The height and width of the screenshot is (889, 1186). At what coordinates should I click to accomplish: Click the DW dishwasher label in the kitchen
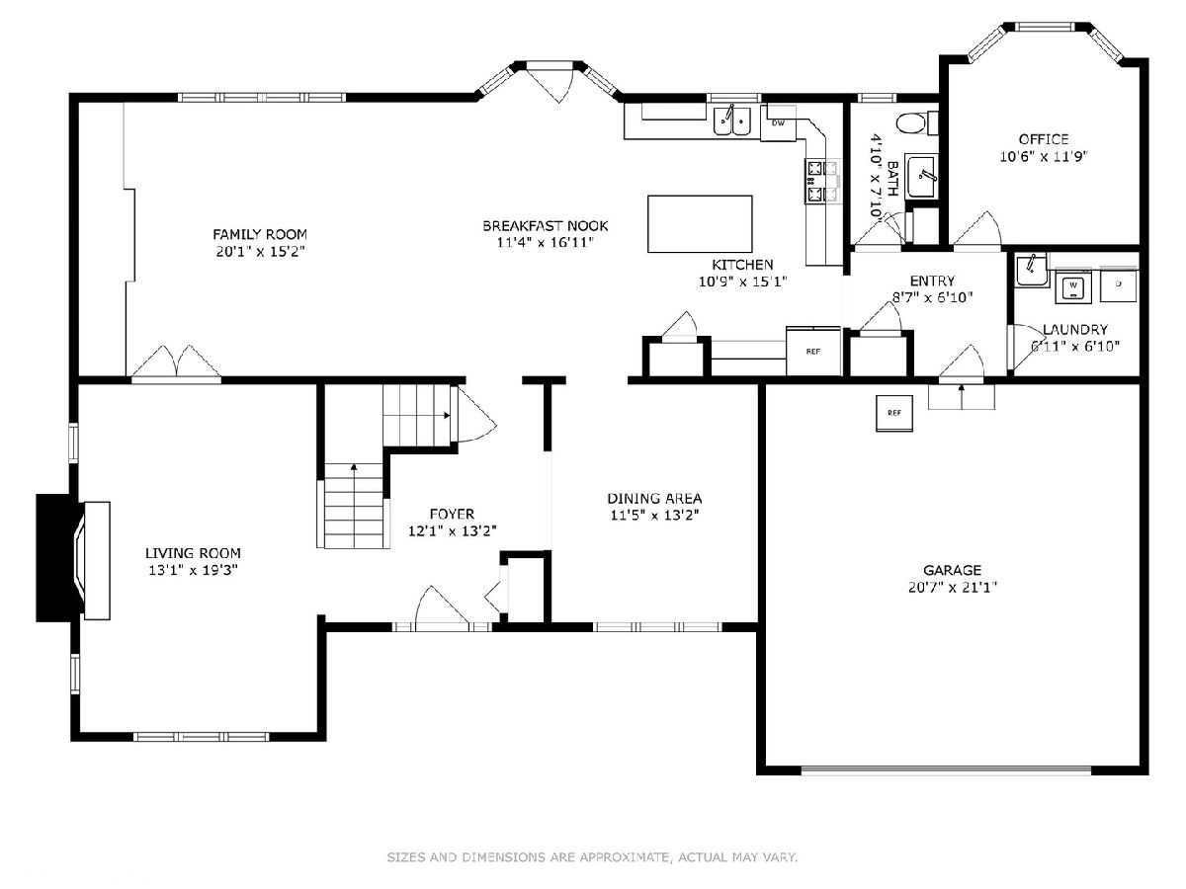[778, 123]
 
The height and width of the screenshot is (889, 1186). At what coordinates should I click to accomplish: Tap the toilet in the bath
[916, 123]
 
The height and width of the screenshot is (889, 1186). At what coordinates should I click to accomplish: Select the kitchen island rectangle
[700, 223]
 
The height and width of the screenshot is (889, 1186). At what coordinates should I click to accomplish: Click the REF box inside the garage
[894, 413]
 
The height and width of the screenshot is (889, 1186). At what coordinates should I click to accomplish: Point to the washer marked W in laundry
[1073, 286]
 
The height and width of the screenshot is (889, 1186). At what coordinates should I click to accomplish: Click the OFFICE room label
[1044, 139]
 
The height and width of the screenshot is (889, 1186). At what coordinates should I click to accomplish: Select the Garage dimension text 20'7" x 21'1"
[952, 587]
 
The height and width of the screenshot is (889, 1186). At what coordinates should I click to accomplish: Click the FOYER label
[452, 514]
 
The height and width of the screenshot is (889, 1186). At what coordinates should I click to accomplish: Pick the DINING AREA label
[654, 498]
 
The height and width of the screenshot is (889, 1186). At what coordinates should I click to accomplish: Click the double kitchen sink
[731, 121]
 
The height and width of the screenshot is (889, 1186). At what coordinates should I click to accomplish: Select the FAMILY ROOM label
[260, 234]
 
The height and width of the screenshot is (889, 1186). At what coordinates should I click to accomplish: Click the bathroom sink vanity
[922, 176]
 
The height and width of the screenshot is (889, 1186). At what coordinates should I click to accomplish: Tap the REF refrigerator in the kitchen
[813, 351]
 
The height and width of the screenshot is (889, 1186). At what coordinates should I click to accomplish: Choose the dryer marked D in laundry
[1119, 284]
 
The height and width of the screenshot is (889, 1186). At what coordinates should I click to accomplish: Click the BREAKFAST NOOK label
[546, 225]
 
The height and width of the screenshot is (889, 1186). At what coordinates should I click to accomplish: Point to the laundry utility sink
[1032, 270]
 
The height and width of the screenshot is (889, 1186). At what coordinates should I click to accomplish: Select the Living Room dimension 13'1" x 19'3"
[193, 570]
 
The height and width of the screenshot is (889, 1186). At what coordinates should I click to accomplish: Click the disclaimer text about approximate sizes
[592, 856]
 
